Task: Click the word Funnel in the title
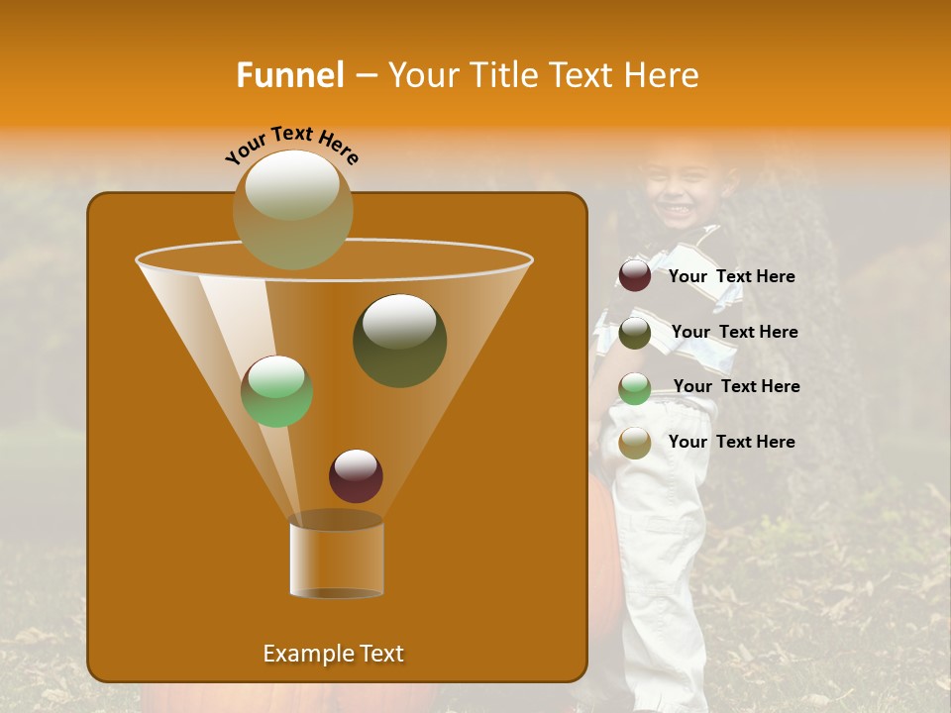point(289,75)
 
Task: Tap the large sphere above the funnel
point(292,209)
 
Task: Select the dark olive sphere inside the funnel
point(399,340)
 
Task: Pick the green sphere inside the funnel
point(276,391)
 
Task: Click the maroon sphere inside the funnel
point(356,475)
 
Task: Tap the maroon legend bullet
point(635,276)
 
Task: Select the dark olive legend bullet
point(635,333)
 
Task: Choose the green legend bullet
point(635,388)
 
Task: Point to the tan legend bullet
point(635,443)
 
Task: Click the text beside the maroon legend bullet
point(731,277)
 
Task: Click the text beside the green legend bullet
point(736,386)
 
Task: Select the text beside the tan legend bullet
point(731,442)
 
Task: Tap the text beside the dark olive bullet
point(734,332)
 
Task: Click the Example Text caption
point(333,654)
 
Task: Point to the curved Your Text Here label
point(292,145)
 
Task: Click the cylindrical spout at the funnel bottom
point(336,559)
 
